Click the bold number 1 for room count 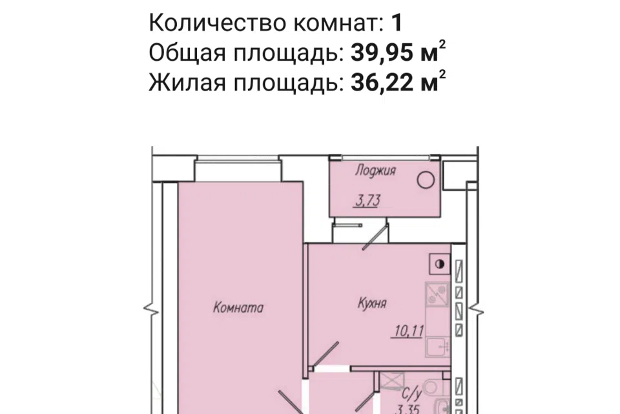coord(397,22)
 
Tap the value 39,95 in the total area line coord(382,52)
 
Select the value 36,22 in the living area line coord(382,82)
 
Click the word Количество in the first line coord(217,22)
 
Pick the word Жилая coord(187,82)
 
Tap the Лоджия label coord(375,171)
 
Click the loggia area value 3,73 coord(367,201)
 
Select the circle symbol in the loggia coord(426,180)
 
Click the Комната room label coord(238,307)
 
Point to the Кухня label coord(372,303)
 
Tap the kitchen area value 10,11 coord(409,331)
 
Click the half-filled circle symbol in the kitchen coord(439,264)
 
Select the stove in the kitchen coord(437,294)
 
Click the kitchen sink coord(438,347)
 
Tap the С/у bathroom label coord(411,394)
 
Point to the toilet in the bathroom coord(435,386)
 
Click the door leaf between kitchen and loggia coord(375,237)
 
